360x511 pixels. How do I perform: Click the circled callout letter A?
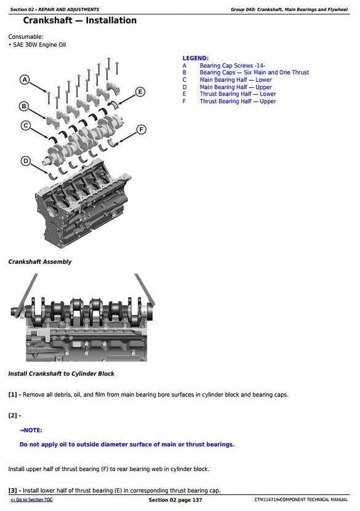coord(25,80)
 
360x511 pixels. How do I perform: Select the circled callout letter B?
coord(25,106)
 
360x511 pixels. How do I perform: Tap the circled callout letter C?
coord(25,125)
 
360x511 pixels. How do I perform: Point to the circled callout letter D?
coord(25,160)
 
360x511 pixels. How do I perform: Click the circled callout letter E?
coord(140,92)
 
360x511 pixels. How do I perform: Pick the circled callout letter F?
coord(141,129)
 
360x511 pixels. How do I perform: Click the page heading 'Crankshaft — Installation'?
coord(75,21)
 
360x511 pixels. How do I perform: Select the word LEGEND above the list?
coord(195,58)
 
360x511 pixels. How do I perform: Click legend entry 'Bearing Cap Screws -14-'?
coord(232,65)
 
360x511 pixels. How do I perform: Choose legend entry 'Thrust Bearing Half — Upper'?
coord(238,101)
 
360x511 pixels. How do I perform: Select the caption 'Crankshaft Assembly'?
coord(39,262)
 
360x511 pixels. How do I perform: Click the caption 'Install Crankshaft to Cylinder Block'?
coord(61,374)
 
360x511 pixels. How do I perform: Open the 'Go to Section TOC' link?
coord(31,500)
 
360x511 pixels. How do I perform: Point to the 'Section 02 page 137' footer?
coord(175,500)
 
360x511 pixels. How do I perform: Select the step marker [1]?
coord(12,395)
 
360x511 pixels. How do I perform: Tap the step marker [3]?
coord(12,491)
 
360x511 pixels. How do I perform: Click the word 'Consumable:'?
coord(25,37)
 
